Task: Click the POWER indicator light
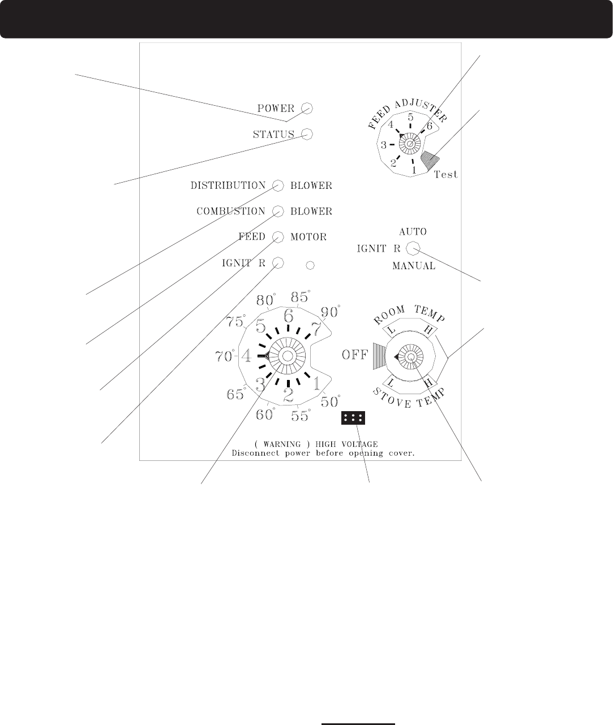coord(307,109)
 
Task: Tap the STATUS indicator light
coord(307,134)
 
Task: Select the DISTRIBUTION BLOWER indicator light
coord(278,185)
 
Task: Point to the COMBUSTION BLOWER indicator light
coord(278,211)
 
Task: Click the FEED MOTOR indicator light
coord(278,237)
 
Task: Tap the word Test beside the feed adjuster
coord(446,174)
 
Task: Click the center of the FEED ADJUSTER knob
coord(410,144)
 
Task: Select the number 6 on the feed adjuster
coord(430,126)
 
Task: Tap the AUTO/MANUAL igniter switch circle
coord(413,248)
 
